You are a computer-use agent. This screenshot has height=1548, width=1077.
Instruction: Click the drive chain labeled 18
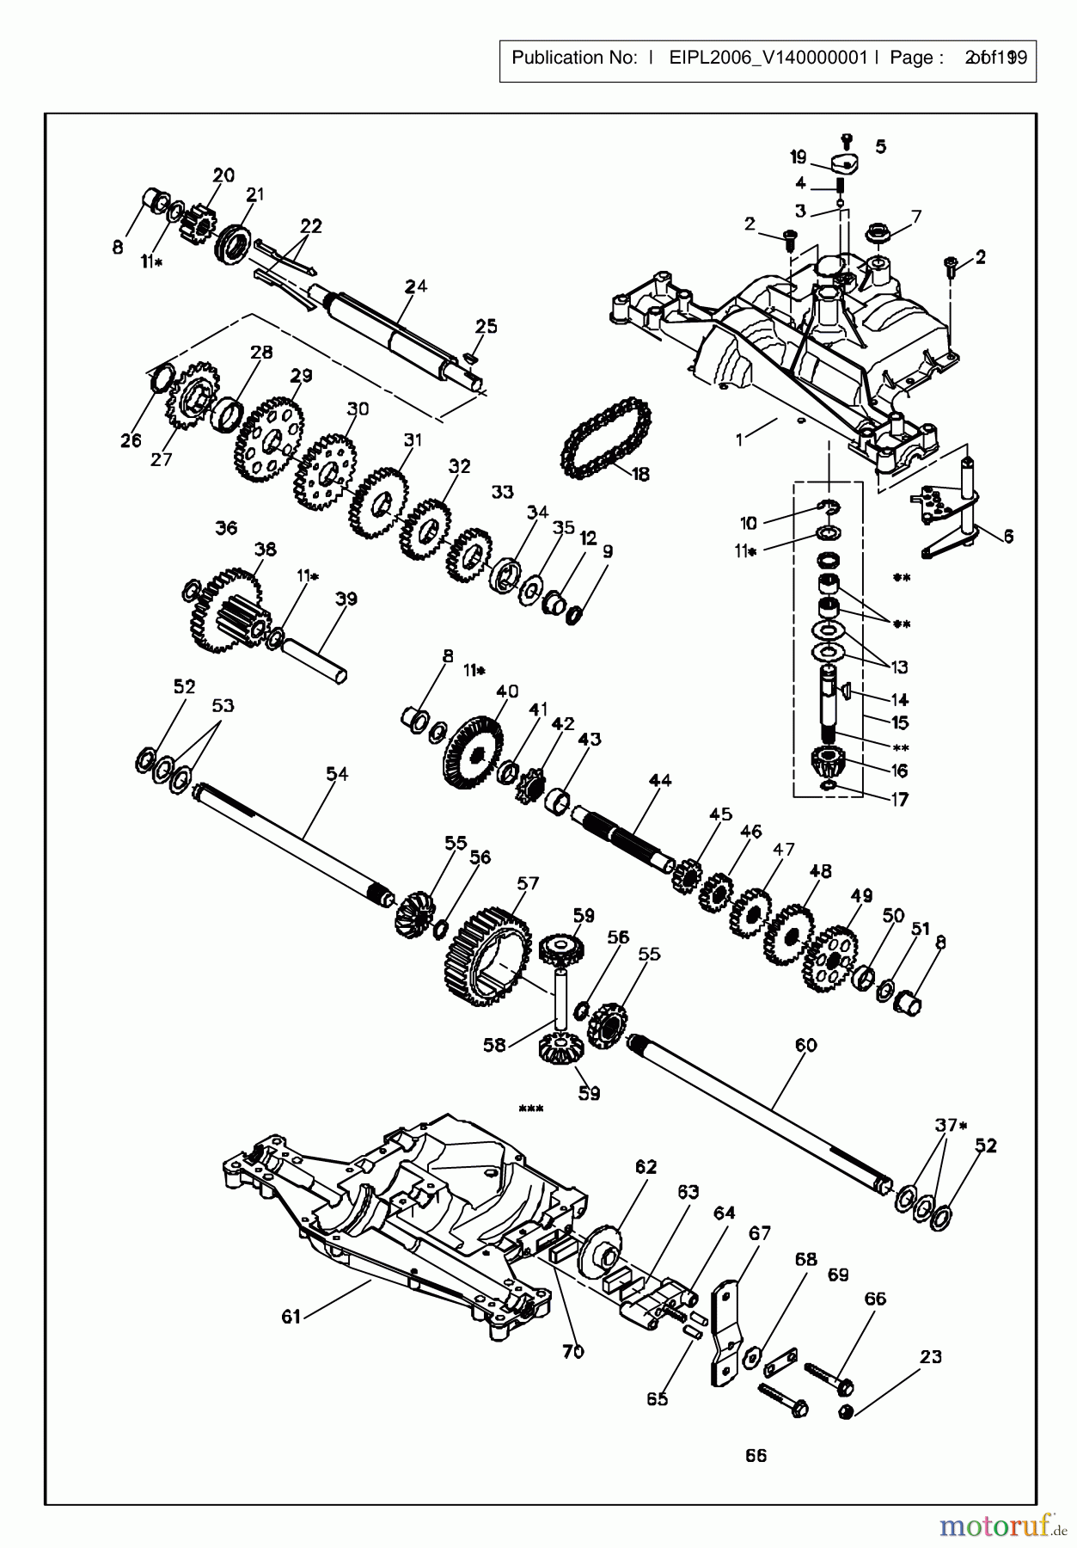pyautogui.click(x=604, y=439)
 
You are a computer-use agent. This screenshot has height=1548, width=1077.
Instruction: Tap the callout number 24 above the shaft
pyautogui.click(x=416, y=286)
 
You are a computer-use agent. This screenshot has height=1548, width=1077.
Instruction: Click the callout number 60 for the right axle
pyautogui.click(x=805, y=1045)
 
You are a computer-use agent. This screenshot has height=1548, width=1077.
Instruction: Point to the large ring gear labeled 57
pyautogui.click(x=486, y=955)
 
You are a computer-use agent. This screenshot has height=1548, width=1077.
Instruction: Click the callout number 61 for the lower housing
pyautogui.click(x=291, y=1317)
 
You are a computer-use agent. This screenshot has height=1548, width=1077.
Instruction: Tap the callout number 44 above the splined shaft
pyautogui.click(x=660, y=781)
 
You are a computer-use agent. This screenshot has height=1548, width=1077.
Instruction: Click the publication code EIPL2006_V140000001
pyautogui.click(x=768, y=58)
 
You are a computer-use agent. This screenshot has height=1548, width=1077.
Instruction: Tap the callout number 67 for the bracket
pyautogui.click(x=760, y=1233)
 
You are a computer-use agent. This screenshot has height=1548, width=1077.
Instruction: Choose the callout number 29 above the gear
pyautogui.click(x=301, y=376)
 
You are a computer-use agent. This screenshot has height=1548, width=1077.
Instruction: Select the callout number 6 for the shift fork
pyautogui.click(x=1007, y=536)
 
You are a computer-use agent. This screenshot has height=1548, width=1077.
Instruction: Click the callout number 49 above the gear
pyautogui.click(x=861, y=895)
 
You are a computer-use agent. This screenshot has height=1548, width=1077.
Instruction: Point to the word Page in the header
pyautogui.click(x=910, y=58)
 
